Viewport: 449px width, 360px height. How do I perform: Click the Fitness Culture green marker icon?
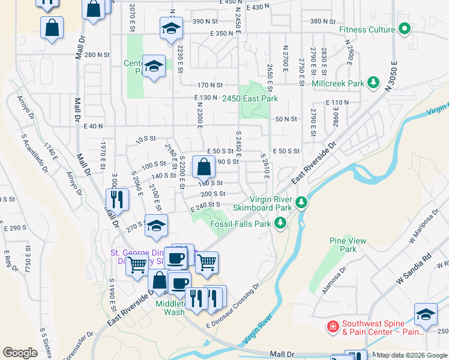[x=405, y=29]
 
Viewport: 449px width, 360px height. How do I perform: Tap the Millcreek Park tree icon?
[x=373, y=82]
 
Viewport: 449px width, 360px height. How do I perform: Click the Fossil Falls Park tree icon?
[x=279, y=223]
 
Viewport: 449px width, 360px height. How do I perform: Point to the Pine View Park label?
[x=348, y=245]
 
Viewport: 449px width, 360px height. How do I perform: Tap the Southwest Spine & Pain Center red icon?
[x=332, y=326]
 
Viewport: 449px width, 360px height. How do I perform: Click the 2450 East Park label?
[x=250, y=98]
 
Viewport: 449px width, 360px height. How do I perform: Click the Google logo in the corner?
[x=20, y=352]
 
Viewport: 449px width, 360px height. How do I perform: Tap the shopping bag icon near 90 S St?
[x=203, y=166]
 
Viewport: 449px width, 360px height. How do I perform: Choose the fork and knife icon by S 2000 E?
[x=117, y=199]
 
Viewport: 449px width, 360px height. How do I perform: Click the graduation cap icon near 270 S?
[x=156, y=226]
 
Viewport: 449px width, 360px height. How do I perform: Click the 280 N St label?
[x=97, y=55]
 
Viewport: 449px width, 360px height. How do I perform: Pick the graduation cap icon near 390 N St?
[x=171, y=28]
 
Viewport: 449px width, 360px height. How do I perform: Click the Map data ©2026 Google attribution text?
[x=412, y=355]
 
